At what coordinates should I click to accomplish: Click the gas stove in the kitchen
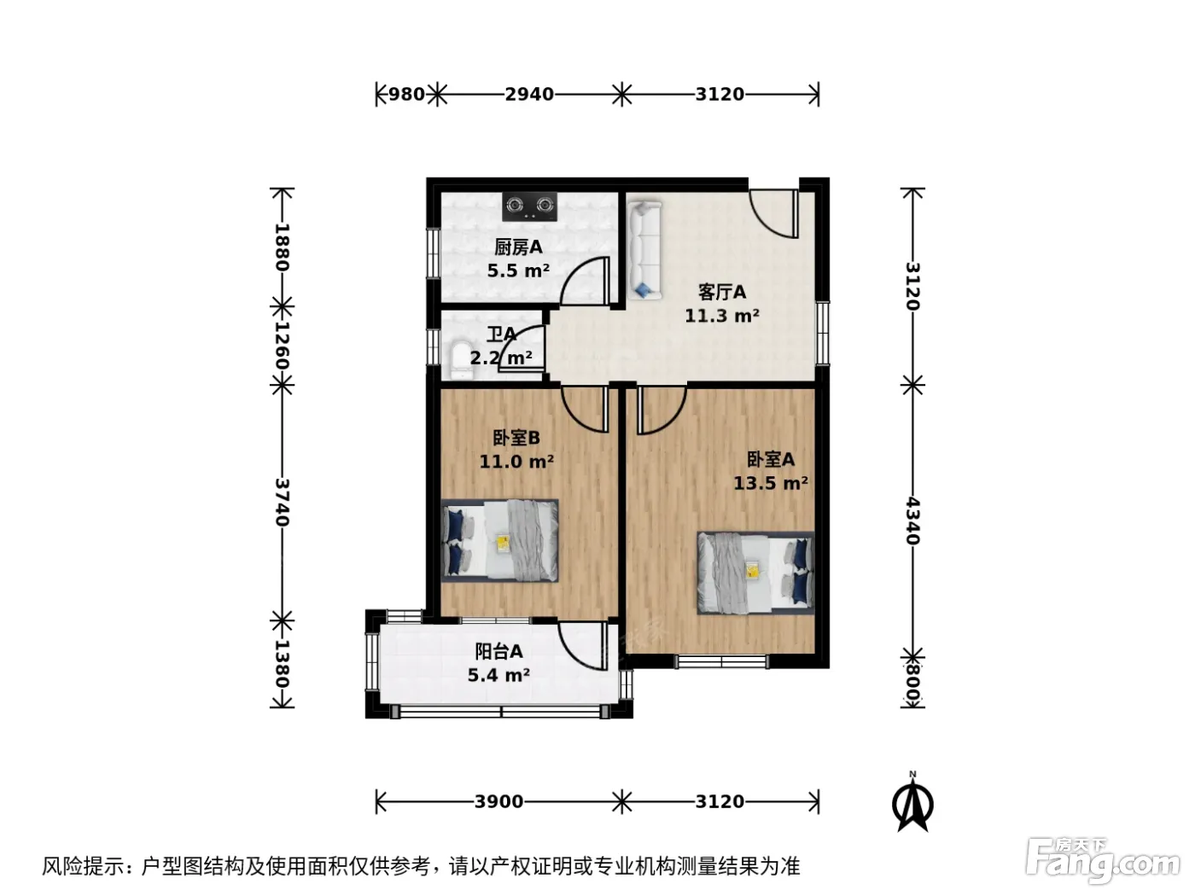pos(529,207)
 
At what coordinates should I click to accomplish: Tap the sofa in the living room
pos(644,250)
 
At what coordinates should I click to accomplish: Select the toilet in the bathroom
pos(462,359)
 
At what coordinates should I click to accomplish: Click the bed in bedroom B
pos(499,540)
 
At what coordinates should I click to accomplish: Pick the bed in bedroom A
pos(755,573)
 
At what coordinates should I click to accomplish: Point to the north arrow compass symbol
pos(912,801)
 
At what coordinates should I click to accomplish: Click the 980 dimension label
pos(406,94)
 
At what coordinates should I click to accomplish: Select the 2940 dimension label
pos(529,94)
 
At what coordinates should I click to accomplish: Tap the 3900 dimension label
pos(498,801)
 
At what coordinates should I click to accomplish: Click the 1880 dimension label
pos(282,247)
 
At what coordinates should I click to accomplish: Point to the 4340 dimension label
pos(912,521)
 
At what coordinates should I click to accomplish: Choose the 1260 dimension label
pos(282,346)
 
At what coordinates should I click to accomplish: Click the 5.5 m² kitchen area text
pos(518,271)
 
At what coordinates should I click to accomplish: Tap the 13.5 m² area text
pos(771,483)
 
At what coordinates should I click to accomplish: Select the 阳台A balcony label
pos(498,651)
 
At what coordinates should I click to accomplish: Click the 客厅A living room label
pos(722,292)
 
